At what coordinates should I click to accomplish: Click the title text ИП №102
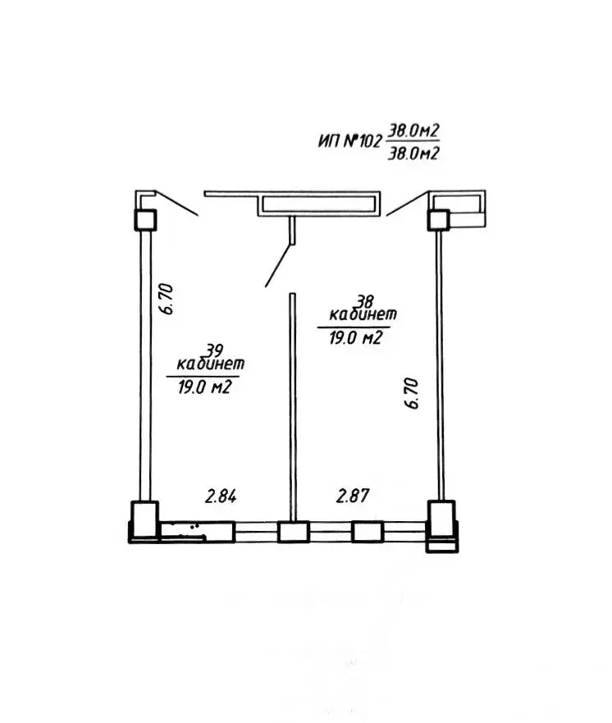click(350, 140)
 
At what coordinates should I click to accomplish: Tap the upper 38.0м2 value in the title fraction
click(413, 130)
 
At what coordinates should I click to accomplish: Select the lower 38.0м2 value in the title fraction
click(413, 153)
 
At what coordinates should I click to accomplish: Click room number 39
click(214, 350)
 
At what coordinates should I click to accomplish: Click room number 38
click(364, 301)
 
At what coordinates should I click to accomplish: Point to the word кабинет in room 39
click(211, 364)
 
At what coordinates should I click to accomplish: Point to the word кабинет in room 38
click(363, 314)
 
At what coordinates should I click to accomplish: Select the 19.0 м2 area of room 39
click(204, 387)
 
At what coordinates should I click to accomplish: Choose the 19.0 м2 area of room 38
click(356, 338)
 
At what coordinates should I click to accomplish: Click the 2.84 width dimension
click(222, 496)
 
